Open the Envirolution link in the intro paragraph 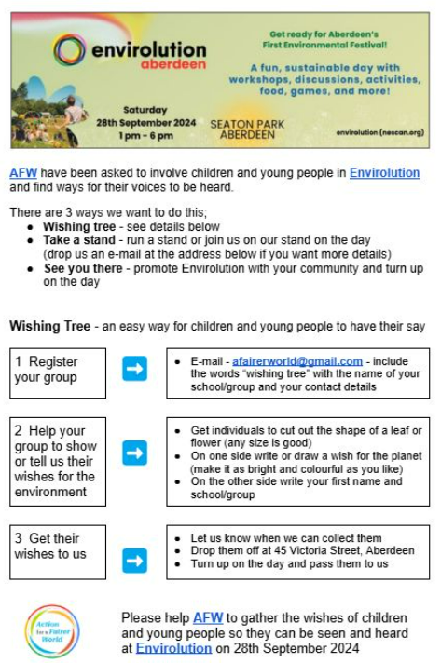point(384,173)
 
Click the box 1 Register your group point(59,370)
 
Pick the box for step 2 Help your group point(59,461)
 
